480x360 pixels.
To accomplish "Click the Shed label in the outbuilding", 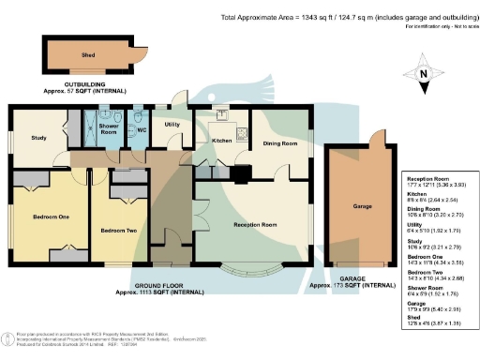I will click(87, 56).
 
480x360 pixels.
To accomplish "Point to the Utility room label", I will click(172, 124).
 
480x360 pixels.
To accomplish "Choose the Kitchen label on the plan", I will click(221, 141).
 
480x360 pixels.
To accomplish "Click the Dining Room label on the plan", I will click(279, 143).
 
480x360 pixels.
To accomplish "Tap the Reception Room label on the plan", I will click(255, 225).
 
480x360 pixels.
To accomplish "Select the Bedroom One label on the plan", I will click(51, 217).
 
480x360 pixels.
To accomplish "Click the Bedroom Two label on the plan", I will click(118, 230).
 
